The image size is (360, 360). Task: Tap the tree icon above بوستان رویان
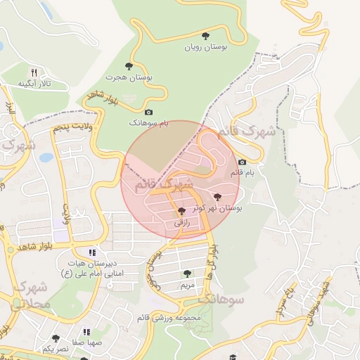pyautogui.click(x=205, y=35)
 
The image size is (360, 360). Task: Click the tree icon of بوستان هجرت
pyautogui.click(x=128, y=65)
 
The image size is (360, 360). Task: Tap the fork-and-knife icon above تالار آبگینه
pyautogui.click(x=34, y=72)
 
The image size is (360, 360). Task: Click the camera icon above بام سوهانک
pyautogui.click(x=148, y=112)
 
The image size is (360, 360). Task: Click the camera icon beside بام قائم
pyautogui.click(x=243, y=162)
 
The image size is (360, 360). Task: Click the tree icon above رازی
pyautogui.click(x=181, y=211)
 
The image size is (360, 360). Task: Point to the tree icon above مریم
pyautogui.click(x=186, y=274)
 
